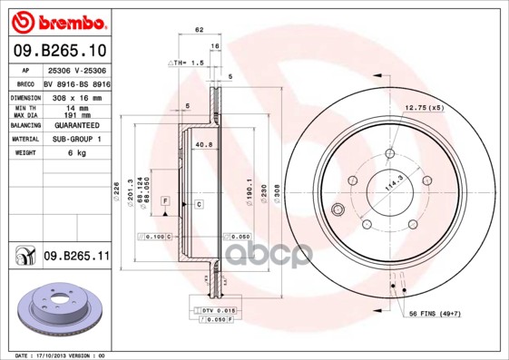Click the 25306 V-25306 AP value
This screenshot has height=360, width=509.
click(75, 69)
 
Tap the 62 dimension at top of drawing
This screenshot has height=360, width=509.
click(198, 31)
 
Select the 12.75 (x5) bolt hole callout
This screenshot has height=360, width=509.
click(424, 107)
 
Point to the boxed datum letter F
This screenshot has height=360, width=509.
click(165, 199)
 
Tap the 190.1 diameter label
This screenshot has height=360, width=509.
click(240, 192)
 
